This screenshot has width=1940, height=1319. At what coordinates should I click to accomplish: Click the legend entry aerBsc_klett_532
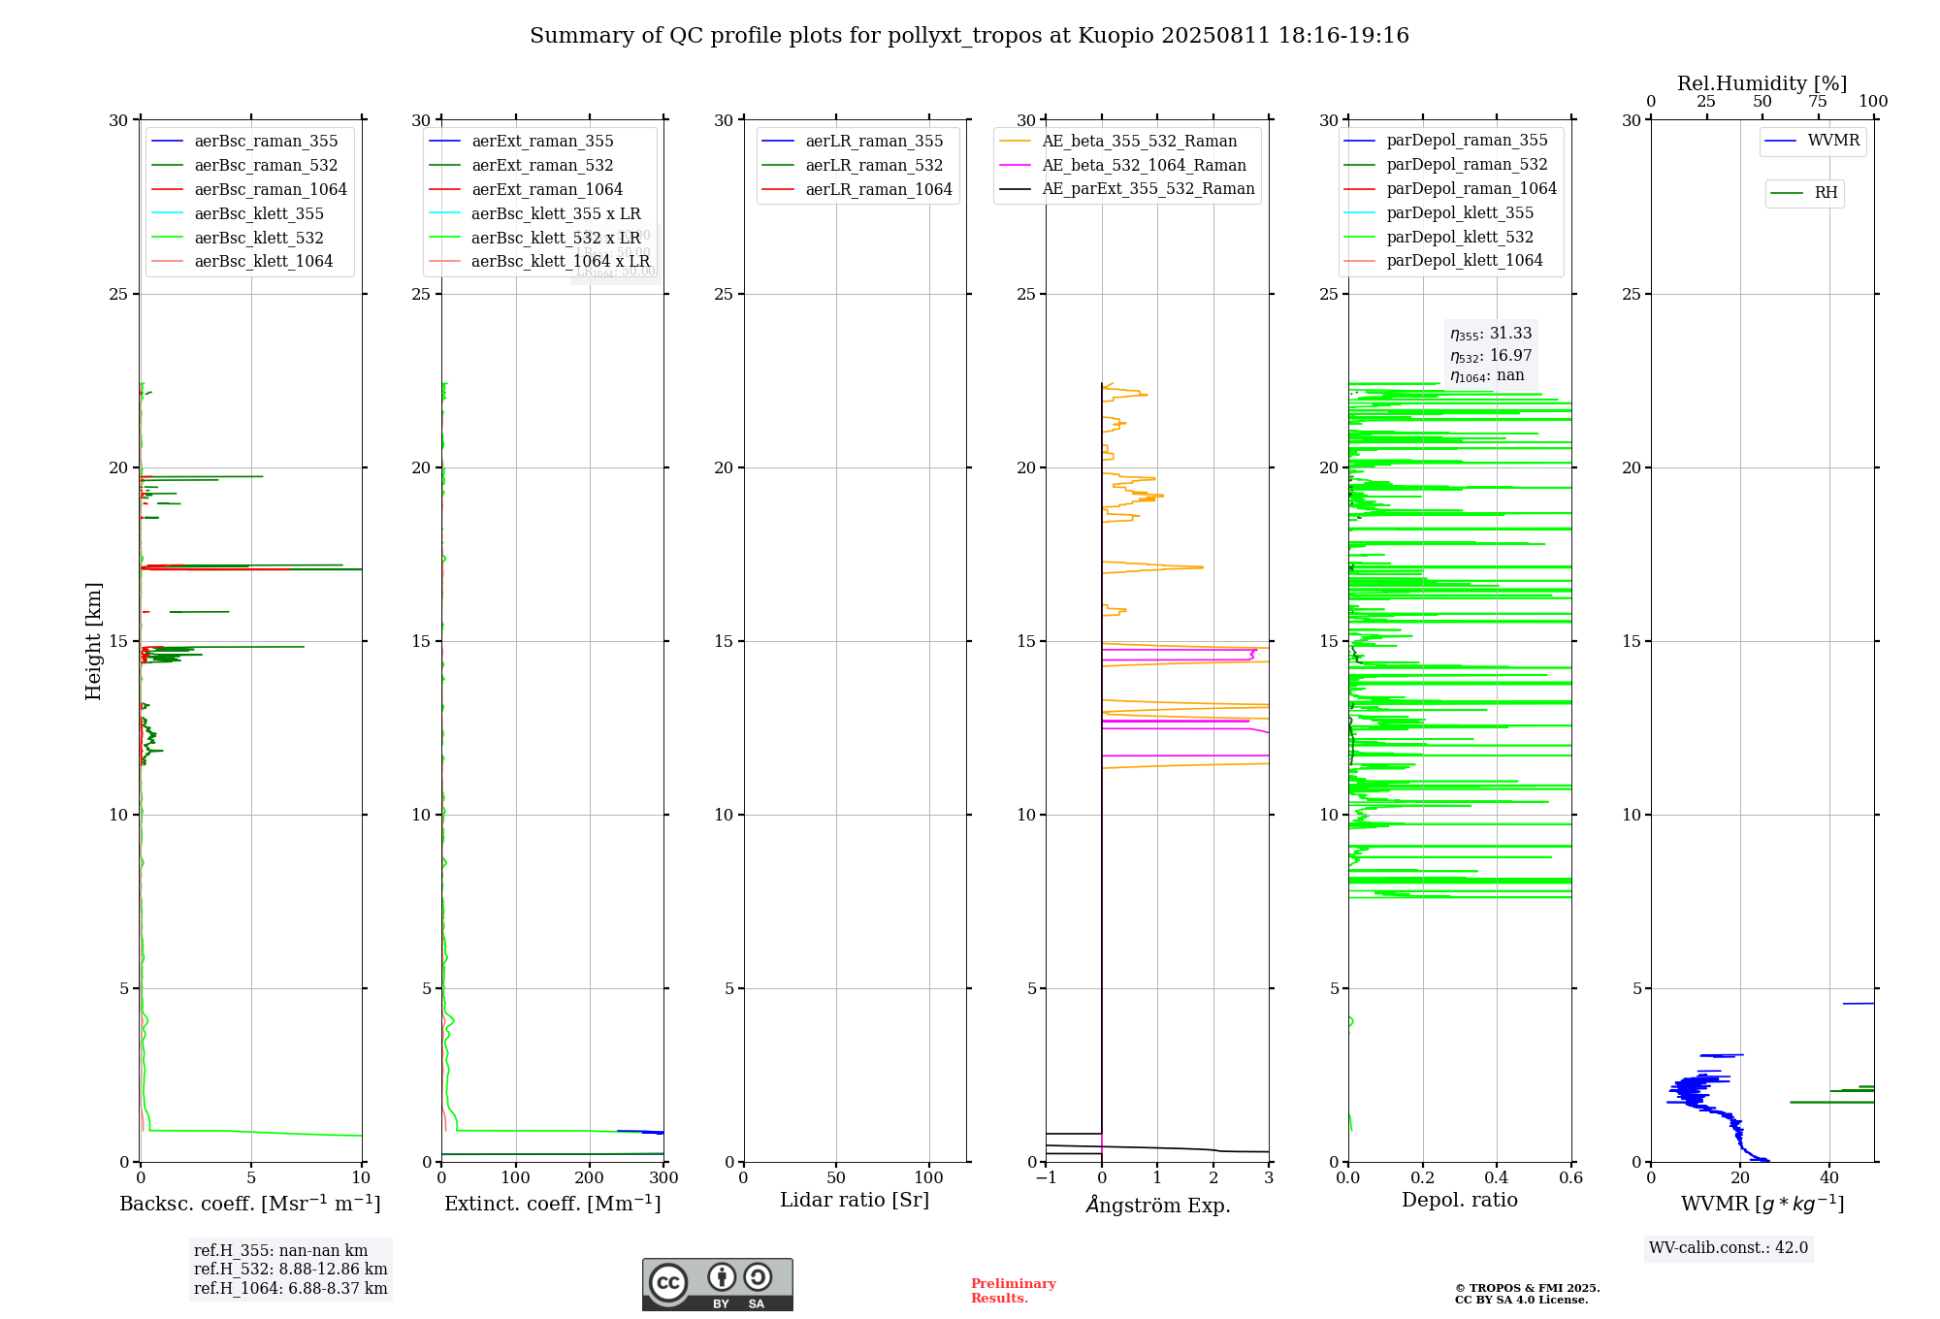click(258, 238)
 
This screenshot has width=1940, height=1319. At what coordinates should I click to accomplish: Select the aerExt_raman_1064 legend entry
click(546, 189)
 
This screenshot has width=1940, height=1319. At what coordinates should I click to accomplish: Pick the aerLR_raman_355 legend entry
click(873, 142)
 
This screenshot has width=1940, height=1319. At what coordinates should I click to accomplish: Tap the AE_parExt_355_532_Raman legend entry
click(1148, 189)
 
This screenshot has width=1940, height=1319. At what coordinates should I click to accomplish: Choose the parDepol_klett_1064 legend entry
click(1464, 261)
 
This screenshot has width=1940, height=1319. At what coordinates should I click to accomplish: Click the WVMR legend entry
click(1832, 141)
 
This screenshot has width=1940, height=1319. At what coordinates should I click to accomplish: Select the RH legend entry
click(1825, 193)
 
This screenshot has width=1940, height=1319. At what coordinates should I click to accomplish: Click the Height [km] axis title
click(93, 641)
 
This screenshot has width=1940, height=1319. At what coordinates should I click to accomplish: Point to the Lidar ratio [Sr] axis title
click(854, 1201)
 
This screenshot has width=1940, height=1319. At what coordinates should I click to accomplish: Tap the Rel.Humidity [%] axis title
click(1762, 83)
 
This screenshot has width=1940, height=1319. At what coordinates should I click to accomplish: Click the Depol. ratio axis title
click(1459, 1201)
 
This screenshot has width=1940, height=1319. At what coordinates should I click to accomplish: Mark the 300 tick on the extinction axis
click(663, 1178)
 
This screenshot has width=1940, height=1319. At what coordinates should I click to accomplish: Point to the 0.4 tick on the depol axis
click(1497, 1178)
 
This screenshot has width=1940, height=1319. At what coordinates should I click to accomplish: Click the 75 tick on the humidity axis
click(1818, 102)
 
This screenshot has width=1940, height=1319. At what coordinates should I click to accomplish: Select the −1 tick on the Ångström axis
click(1046, 1178)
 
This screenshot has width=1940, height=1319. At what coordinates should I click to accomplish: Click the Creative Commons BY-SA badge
click(717, 1285)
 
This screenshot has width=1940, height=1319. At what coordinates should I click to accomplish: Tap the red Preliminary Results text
click(1013, 1291)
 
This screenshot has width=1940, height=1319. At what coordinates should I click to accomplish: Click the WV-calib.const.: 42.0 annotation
click(1729, 1248)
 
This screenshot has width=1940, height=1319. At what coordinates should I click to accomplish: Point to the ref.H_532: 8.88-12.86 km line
click(290, 1270)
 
